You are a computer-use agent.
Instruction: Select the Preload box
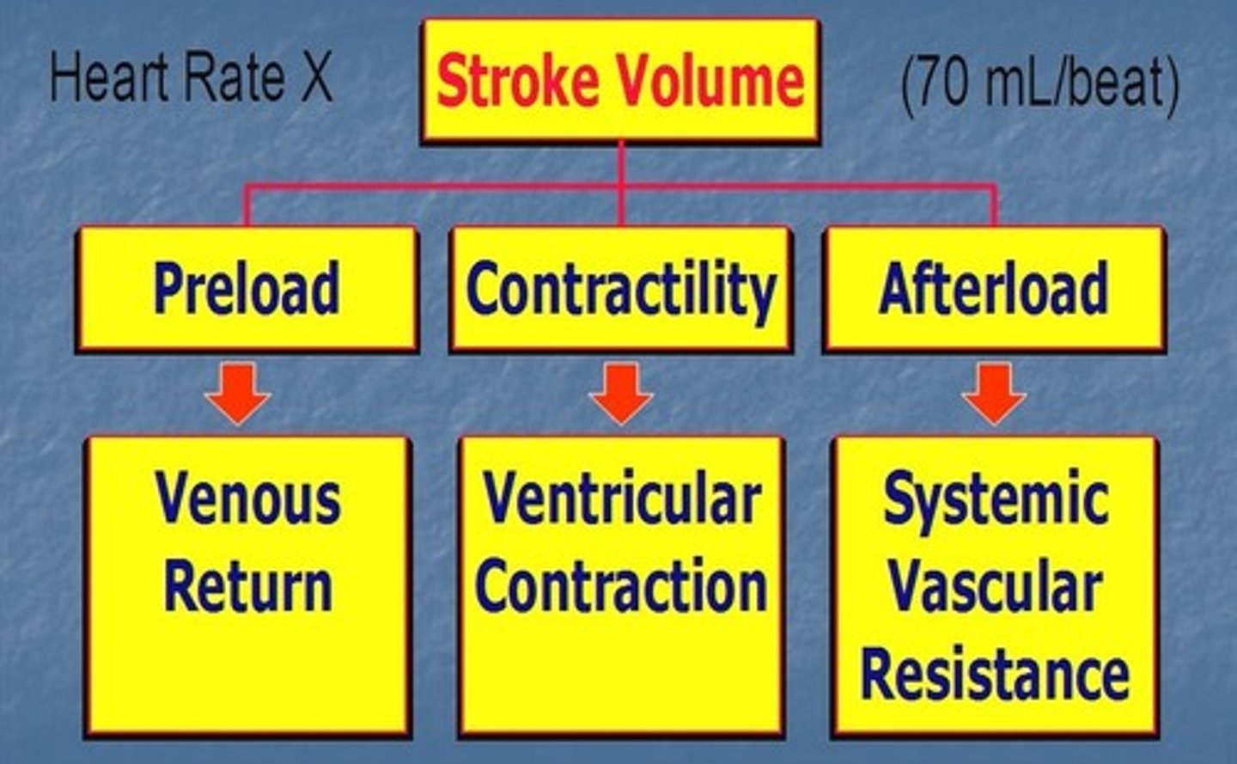247,289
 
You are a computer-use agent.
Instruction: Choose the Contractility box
620,289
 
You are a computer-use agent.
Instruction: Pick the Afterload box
994,289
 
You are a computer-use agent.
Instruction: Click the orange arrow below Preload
238,393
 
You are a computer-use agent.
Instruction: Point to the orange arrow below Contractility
621,393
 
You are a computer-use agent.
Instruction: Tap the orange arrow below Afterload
994,393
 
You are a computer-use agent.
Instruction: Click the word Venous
248,498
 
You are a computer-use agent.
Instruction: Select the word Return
248,587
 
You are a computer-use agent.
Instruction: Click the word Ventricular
621,498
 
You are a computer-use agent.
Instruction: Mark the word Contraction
621,587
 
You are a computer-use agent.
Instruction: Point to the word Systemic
996,500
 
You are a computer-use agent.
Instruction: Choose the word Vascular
996,587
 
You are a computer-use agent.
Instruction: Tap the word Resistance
996,675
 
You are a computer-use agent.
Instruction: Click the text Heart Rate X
191,77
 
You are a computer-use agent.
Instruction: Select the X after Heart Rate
315,77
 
